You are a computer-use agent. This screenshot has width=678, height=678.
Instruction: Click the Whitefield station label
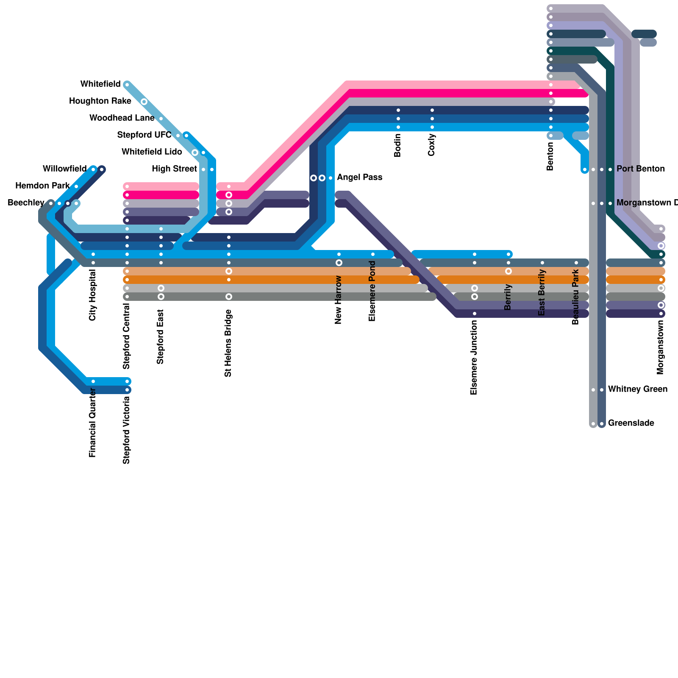[100, 84]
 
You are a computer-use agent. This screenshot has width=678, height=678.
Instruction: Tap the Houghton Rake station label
[100, 101]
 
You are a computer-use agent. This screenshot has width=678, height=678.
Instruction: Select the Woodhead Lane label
[122, 118]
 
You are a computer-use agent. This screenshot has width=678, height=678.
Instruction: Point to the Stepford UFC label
[144, 135]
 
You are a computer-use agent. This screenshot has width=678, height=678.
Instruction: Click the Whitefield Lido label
[152, 152]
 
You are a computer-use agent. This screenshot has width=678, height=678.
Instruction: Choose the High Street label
[174, 169]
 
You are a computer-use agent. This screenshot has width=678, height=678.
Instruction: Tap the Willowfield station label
[65, 169]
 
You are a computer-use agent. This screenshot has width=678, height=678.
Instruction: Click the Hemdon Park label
[42, 186]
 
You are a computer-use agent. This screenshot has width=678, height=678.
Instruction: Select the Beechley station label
[26, 203]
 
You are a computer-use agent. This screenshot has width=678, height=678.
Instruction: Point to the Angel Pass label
[359, 178]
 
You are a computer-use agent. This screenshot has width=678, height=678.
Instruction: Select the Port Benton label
[641, 169]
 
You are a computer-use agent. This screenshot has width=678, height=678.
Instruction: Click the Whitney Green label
[638, 389]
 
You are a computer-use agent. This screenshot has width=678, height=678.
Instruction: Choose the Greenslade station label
[631, 423]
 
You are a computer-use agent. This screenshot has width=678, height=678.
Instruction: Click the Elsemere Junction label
[474, 358]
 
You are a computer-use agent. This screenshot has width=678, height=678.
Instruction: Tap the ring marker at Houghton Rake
[144, 102]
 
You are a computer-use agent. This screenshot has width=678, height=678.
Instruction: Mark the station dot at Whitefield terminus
[127, 85]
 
